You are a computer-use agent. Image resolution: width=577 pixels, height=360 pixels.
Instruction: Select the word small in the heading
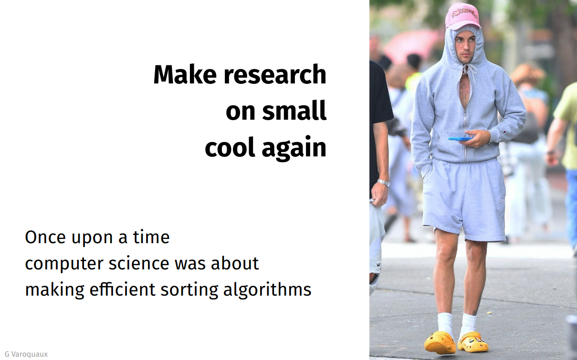click(x=294, y=110)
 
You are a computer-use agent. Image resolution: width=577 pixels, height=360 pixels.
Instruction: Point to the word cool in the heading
click(x=230, y=147)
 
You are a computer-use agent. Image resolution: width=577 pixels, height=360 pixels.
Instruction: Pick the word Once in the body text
click(x=45, y=237)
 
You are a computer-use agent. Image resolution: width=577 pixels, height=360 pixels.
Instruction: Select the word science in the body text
click(x=139, y=263)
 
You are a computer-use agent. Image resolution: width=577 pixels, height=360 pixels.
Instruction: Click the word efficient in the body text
click(x=123, y=289)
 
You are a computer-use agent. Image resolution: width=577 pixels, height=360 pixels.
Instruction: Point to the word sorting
click(x=189, y=290)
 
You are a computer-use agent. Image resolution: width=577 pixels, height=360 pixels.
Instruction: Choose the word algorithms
click(x=267, y=290)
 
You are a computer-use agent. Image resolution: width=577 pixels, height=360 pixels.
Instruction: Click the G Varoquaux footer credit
click(x=26, y=354)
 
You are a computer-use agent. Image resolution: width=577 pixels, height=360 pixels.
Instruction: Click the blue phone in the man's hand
click(x=461, y=139)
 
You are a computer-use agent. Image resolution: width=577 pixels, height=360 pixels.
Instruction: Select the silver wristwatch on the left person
click(x=384, y=183)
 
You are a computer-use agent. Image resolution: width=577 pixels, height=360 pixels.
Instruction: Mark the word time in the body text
click(x=151, y=237)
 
